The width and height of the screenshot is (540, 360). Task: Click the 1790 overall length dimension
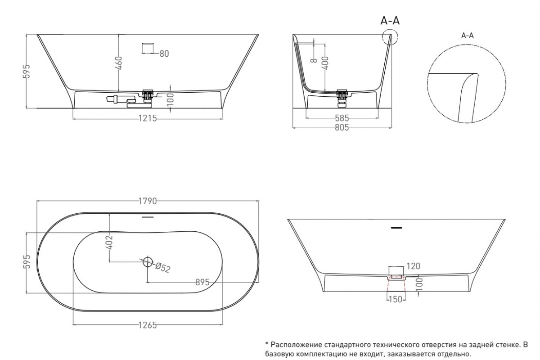(x=148, y=201)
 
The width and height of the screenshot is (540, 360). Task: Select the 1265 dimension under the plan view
(x=148, y=325)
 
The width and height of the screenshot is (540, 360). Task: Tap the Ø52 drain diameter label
(x=163, y=268)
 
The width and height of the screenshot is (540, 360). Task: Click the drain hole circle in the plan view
(x=147, y=262)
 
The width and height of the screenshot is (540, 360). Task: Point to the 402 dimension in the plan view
(x=109, y=242)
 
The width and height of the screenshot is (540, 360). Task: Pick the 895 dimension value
(x=202, y=282)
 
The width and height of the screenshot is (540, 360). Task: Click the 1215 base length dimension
(x=148, y=118)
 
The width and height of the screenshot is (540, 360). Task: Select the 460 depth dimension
(x=119, y=63)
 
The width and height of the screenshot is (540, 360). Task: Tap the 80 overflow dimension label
(x=164, y=54)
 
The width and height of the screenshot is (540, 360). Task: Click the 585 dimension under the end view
(x=342, y=118)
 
